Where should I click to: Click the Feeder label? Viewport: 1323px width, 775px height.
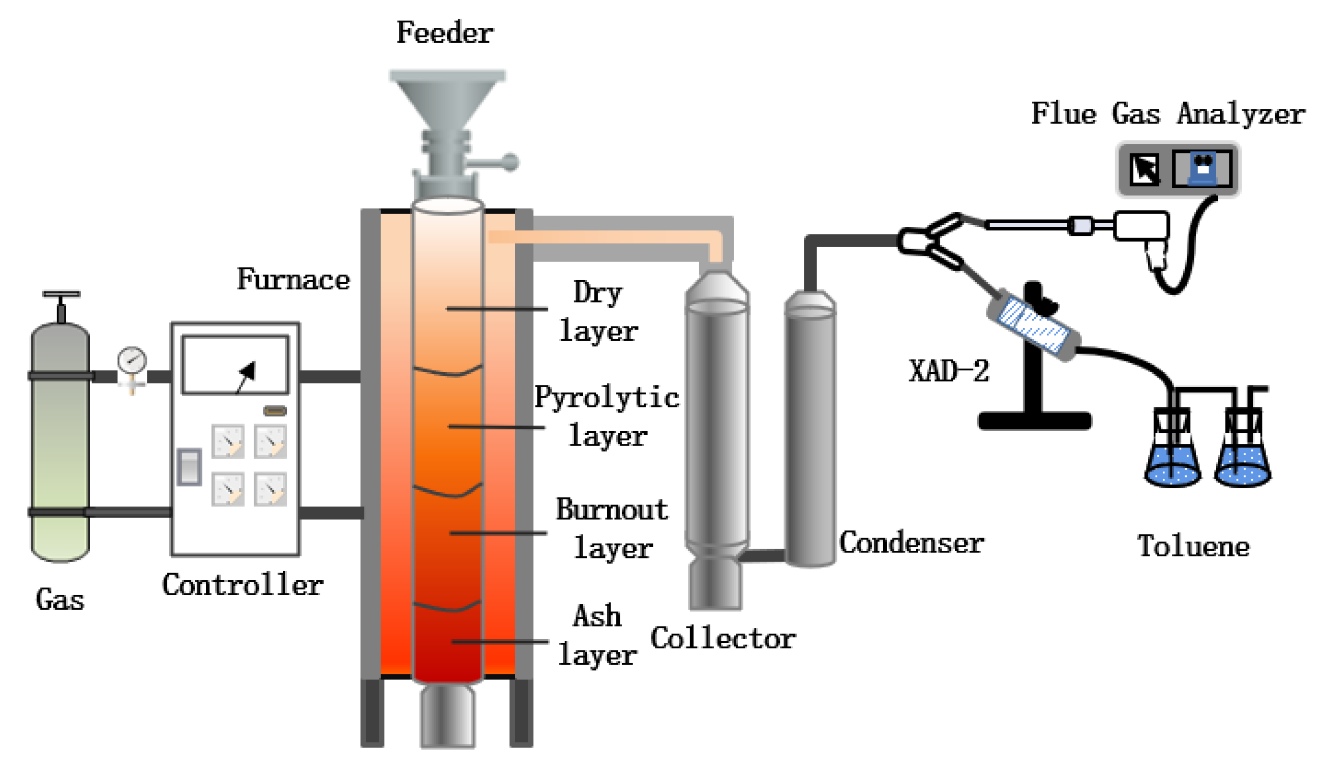[x=444, y=33]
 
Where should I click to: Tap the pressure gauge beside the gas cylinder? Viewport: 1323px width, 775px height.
[x=132, y=360]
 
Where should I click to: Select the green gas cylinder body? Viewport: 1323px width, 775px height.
[x=60, y=446]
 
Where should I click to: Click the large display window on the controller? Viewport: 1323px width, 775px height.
[x=235, y=365]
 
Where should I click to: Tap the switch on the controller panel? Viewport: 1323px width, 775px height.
[x=189, y=466]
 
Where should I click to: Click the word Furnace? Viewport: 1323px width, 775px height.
[x=293, y=279]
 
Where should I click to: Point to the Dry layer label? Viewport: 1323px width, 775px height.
[x=598, y=312]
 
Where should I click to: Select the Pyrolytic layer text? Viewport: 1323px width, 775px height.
[x=607, y=416]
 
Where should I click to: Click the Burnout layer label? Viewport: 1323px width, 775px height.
[x=612, y=529]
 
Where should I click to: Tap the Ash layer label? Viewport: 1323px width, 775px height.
[x=597, y=635]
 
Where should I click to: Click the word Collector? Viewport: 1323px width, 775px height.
[x=723, y=639]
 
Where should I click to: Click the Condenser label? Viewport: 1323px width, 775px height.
[x=911, y=543]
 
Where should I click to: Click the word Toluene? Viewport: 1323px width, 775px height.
[x=1193, y=547]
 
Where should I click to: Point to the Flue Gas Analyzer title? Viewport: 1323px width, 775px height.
[x=1167, y=114]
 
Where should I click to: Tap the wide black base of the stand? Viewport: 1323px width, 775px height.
[x=1034, y=421]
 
